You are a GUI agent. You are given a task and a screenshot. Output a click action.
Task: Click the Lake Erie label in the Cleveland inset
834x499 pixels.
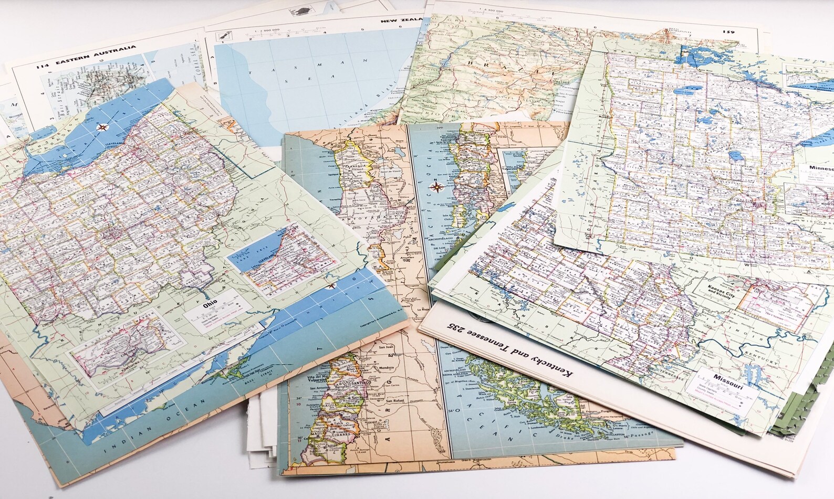pyautogui.click(x=258, y=256)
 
